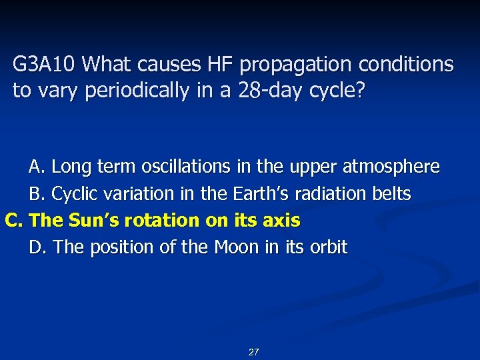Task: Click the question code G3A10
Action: [46, 65]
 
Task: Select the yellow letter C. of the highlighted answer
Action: [15, 220]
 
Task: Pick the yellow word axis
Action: [283, 220]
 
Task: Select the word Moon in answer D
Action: [237, 247]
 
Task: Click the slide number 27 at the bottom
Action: [253, 351]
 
